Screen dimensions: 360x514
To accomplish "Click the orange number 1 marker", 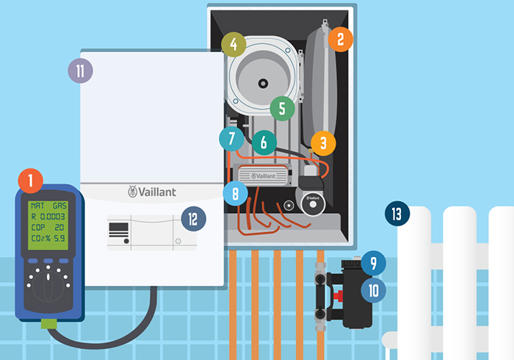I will click(31, 180).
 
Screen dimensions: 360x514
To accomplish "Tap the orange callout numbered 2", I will click(339, 38).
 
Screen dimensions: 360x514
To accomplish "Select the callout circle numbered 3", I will click(323, 143).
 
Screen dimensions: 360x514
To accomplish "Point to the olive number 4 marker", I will click(234, 44).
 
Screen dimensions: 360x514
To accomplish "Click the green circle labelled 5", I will click(282, 109).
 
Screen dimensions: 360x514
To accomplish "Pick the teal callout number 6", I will click(264, 143).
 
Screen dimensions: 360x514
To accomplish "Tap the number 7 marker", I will click(231, 138).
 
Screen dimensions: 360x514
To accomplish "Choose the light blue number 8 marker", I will click(235, 194).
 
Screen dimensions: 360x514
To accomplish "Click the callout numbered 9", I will click(374, 262).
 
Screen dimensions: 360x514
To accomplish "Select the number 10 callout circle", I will click(374, 289).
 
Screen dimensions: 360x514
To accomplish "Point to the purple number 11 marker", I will click(79, 71).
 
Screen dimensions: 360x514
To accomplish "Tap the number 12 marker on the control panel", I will click(193, 219).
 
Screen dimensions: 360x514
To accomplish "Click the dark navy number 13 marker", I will click(397, 215).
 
